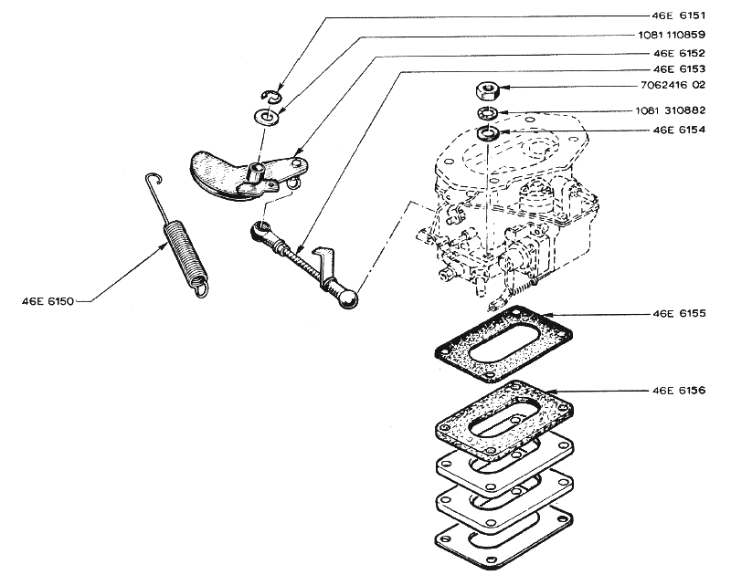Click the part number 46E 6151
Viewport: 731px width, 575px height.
point(678,16)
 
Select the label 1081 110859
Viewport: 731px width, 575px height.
point(672,35)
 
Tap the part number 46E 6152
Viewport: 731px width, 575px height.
point(679,53)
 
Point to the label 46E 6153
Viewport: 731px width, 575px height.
point(679,68)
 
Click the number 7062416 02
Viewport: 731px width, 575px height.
point(673,85)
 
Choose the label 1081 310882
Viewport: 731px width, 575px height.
point(671,110)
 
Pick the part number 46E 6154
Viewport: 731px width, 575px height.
point(679,130)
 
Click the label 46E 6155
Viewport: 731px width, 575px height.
point(679,313)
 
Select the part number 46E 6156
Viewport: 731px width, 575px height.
point(679,390)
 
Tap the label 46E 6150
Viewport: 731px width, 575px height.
point(48,301)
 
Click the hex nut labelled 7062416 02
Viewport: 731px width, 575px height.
point(488,90)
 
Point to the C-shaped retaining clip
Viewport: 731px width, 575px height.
point(270,96)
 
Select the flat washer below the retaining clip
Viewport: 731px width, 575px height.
point(266,117)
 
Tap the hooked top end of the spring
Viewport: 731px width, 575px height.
point(154,179)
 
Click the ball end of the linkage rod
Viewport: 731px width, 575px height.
point(348,298)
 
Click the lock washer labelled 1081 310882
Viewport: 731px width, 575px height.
point(487,112)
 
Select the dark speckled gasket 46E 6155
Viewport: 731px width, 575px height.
point(503,343)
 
